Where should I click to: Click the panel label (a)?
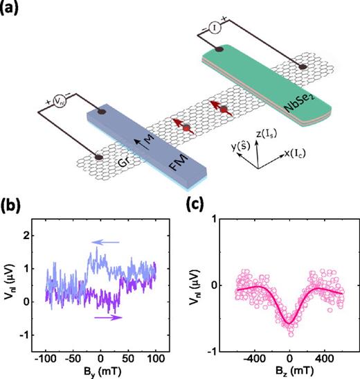(x=12, y=9)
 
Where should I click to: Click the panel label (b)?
(x=12, y=207)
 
